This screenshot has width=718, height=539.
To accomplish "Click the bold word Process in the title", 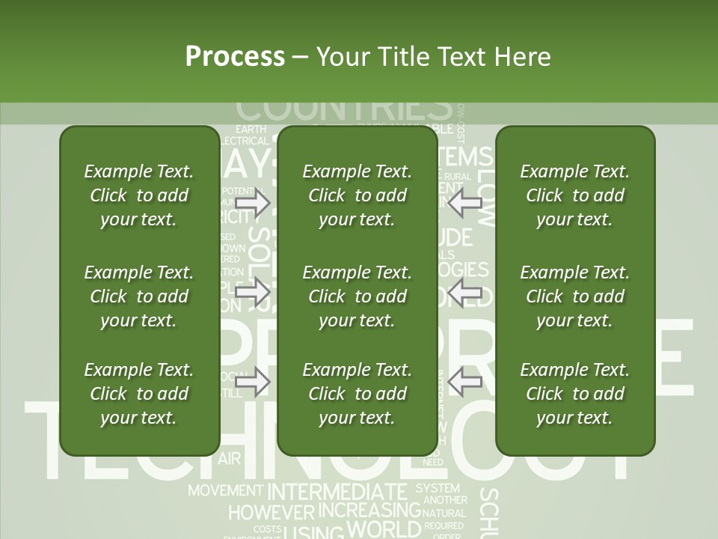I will [235, 57].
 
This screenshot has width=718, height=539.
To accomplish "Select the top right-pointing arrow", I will [253, 203].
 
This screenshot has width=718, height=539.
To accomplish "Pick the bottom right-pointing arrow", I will [253, 382].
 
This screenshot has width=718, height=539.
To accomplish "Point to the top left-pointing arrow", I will [465, 203].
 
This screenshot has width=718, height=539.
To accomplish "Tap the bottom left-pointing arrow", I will [465, 382].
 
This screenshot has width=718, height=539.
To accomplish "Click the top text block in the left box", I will [139, 195].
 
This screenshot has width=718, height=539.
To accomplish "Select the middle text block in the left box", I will [139, 296].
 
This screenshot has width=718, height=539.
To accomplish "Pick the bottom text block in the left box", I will [139, 394].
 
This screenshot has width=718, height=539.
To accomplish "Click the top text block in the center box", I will [357, 195].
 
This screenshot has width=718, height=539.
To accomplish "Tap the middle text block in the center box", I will [357, 296].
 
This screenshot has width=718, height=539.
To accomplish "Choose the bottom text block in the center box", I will [357, 394].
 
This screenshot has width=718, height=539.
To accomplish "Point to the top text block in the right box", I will [574, 195].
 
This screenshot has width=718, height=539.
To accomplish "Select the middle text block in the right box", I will [574, 296].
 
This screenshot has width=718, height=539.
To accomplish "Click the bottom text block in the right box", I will [574, 394].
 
